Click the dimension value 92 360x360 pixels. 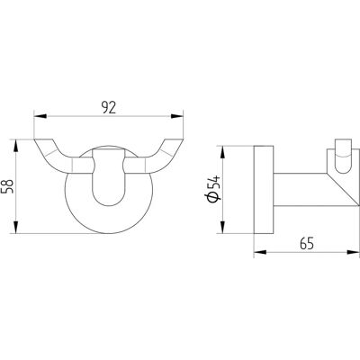[x=108, y=108]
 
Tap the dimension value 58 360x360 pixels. [x=8, y=186]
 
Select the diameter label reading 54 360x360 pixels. [x=214, y=183]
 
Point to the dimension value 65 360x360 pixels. [x=307, y=243]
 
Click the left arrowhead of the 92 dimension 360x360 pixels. [x=40, y=116]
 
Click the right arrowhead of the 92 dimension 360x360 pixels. [x=176, y=116]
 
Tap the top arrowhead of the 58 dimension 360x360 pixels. [x=16, y=146]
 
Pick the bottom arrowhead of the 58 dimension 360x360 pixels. [x=16, y=227]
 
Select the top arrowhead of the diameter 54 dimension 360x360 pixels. [x=222, y=152]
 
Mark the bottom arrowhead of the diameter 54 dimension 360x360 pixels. [x=222, y=227]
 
